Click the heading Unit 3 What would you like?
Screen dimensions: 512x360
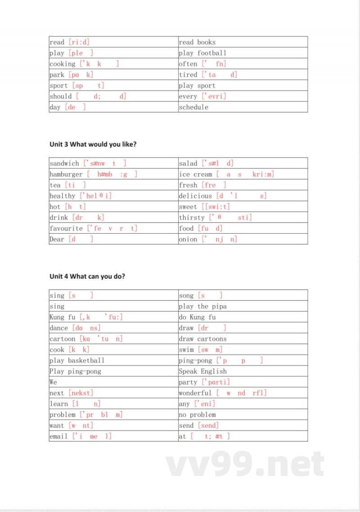(x=93, y=144)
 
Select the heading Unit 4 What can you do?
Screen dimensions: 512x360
(x=87, y=276)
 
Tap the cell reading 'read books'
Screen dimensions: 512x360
(x=197, y=42)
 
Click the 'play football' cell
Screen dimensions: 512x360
(x=202, y=53)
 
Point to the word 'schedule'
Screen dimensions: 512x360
(x=193, y=107)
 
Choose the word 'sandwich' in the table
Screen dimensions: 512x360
(x=64, y=163)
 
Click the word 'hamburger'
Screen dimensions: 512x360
(x=66, y=174)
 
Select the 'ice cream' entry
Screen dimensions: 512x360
(x=195, y=174)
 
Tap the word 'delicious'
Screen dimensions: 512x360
(x=195, y=196)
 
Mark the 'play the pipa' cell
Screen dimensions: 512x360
(x=202, y=307)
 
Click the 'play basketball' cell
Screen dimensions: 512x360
(x=77, y=361)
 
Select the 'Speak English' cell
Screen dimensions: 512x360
(x=202, y=372)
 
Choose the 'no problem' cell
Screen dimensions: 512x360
(x=197, y=415)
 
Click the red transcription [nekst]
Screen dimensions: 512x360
(x=81, y=393)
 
